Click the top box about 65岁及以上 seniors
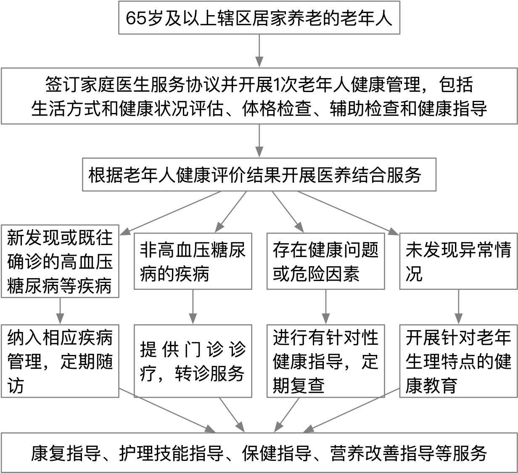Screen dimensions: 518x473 pos(259,18)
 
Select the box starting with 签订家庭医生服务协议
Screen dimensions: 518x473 pos(259,96)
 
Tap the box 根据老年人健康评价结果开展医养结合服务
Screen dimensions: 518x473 pos(259,175)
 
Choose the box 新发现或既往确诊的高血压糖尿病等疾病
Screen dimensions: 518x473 pos(60,261)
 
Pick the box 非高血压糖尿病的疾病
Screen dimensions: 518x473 pos(193,261)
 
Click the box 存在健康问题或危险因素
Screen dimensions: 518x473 pos(325,261)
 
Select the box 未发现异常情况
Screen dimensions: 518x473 pos(459,261)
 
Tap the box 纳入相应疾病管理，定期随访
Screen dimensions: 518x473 pos(60,361)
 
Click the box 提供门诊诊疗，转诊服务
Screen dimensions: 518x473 pos(193,361)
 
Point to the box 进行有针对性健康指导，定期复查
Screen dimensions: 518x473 pos(325,361)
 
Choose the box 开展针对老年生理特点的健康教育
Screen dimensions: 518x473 pos(459,361)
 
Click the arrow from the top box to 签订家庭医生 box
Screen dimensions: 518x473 pos(259,51)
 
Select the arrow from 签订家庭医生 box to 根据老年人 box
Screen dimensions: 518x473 pos(259,141)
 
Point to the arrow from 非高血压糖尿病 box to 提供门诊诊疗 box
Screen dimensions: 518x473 pos(193,307)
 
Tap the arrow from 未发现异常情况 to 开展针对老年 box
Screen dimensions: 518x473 pos(459,307)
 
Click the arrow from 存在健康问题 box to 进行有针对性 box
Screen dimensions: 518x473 pos(325,307)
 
